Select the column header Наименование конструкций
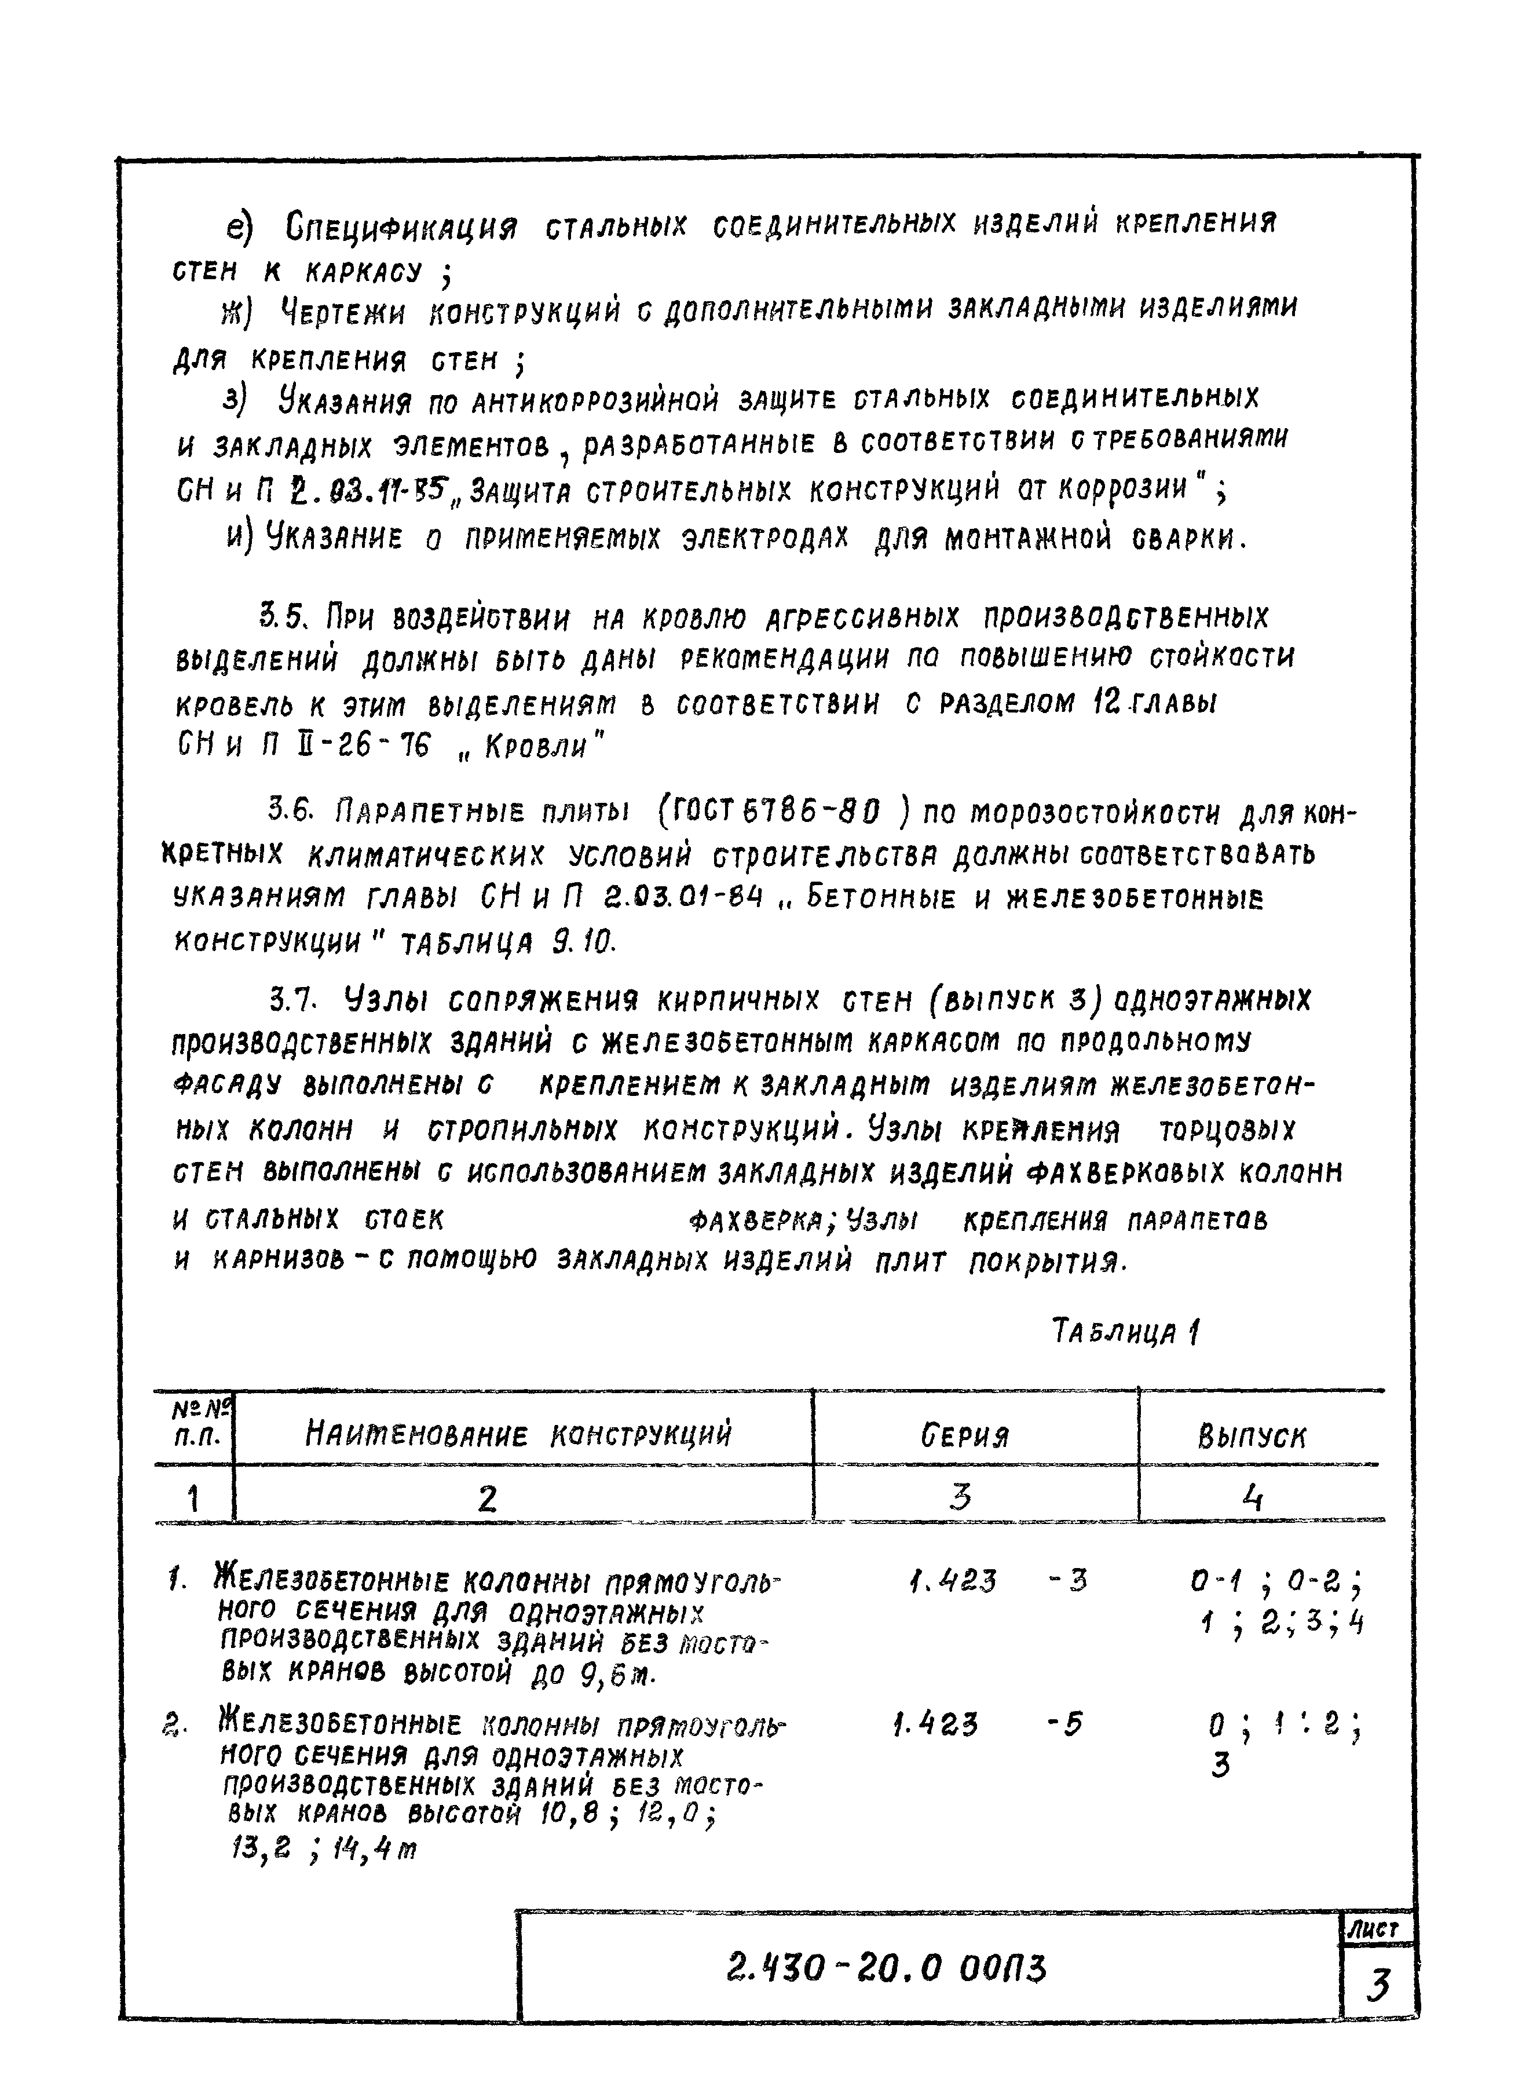519,1434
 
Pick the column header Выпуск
1252,1437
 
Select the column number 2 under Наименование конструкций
488,1499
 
